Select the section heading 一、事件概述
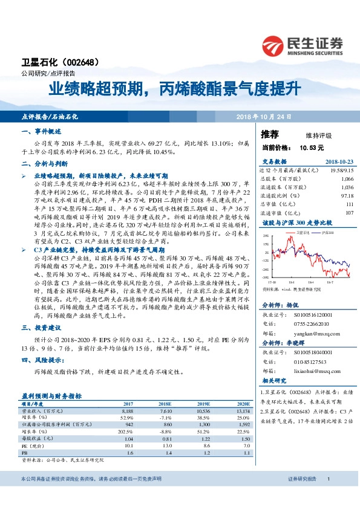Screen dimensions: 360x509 click(42, 131)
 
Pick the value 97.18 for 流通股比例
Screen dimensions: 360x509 click(347, 196)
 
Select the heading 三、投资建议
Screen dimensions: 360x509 click(42, 327)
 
